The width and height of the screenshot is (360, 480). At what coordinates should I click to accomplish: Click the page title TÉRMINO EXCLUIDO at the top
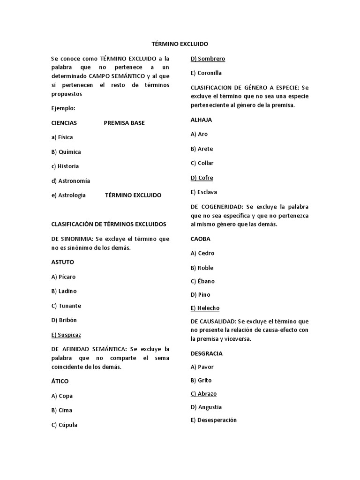click(180, 44)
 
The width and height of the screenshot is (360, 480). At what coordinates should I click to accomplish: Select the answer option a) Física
click(62, 137)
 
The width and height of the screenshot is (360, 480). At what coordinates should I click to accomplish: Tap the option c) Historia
click(65, 166)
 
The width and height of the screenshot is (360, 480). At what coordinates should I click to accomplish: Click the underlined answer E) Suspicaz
click(69, 335)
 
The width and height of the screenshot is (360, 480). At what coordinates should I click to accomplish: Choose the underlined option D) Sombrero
click(208, 59)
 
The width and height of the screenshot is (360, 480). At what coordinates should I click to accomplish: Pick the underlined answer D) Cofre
click(202, 178)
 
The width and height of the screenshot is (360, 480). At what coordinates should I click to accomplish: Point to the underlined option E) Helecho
click(205, 308)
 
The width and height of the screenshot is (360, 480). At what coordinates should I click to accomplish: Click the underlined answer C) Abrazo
click(203, 394)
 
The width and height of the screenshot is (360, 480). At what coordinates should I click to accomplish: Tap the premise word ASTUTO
click(62, 262)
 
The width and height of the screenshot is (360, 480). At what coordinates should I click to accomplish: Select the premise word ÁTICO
click(60, 381)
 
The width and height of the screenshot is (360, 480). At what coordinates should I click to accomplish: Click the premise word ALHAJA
click(201, 120)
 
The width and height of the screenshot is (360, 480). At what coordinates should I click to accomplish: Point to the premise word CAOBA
click(200, 239)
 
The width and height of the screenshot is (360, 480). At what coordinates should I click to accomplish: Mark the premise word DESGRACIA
click(206, 353)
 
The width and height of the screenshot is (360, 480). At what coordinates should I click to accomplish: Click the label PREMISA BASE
click(124, 123)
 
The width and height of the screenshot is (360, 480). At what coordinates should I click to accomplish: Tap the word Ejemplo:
click(63, 108)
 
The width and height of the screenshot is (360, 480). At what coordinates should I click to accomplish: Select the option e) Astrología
click(68, 195)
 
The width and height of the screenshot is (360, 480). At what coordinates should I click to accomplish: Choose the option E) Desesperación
click(213, 420)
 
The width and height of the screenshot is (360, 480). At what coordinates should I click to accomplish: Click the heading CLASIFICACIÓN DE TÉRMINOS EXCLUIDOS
click(109, 224)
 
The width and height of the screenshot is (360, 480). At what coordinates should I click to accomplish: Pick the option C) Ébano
click(202, 281)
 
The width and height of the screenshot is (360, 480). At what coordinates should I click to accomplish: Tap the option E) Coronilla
click(206, 73)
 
